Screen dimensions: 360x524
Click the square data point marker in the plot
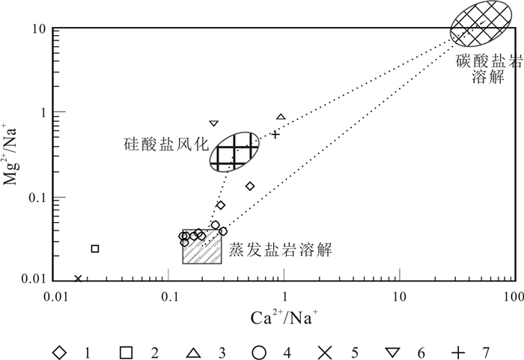95,248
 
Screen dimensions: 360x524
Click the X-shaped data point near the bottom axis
78,279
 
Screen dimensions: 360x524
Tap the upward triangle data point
281,117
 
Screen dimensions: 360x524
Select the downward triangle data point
213,123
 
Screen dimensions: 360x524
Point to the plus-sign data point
275,135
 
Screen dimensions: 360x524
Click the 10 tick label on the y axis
40,29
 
